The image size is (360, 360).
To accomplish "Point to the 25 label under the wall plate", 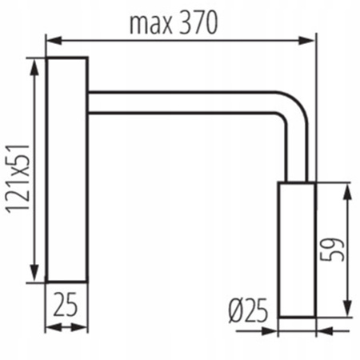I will [66, 304].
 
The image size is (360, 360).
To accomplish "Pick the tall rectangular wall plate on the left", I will [66, 170].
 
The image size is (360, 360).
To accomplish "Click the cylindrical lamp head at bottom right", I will [297, 250].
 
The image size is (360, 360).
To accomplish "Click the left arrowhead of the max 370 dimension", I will [50, 38].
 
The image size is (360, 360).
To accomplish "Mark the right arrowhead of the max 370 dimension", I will [313, 38].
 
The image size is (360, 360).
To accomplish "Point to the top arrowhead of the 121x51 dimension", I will [34, 63].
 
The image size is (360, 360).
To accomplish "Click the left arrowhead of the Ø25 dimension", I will [283, 326].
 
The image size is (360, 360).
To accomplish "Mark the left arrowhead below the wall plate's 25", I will [50, 326].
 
